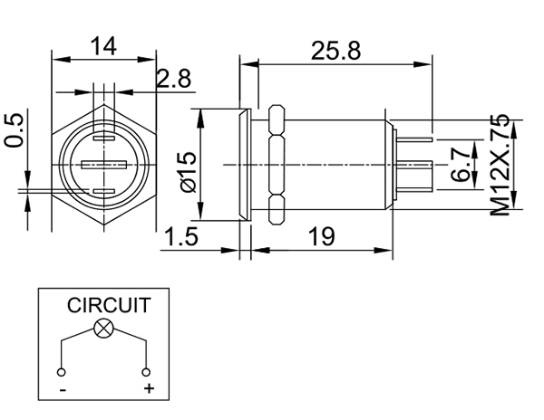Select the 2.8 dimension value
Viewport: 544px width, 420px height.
click(172, 80)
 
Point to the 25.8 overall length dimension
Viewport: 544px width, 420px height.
click(335, 51)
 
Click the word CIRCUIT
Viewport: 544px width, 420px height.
click(109, 306)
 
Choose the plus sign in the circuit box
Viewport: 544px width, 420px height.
click(149, 389)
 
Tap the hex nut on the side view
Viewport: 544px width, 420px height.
click(277, 163)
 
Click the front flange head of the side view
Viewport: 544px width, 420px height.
click(244, 163)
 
